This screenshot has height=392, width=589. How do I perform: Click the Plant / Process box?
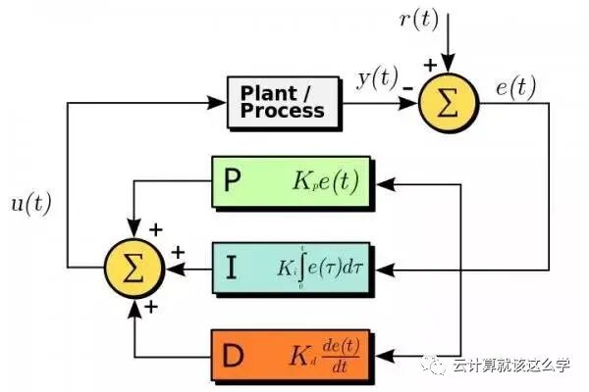click(285, 101)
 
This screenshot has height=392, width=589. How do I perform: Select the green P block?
click(290, 181)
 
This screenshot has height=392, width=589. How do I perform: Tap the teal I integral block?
click(290, 265)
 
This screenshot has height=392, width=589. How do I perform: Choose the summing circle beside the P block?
click(134, 265)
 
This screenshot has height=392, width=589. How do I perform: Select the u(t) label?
click(29, 203)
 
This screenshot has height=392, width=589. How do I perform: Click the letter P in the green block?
click(232, 181)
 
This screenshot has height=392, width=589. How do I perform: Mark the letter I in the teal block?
click(231, 265)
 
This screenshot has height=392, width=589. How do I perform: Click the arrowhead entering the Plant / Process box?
click(220, 101)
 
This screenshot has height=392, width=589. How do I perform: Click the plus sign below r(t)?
click(429, 64)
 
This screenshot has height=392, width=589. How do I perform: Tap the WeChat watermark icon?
click(435, 367)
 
